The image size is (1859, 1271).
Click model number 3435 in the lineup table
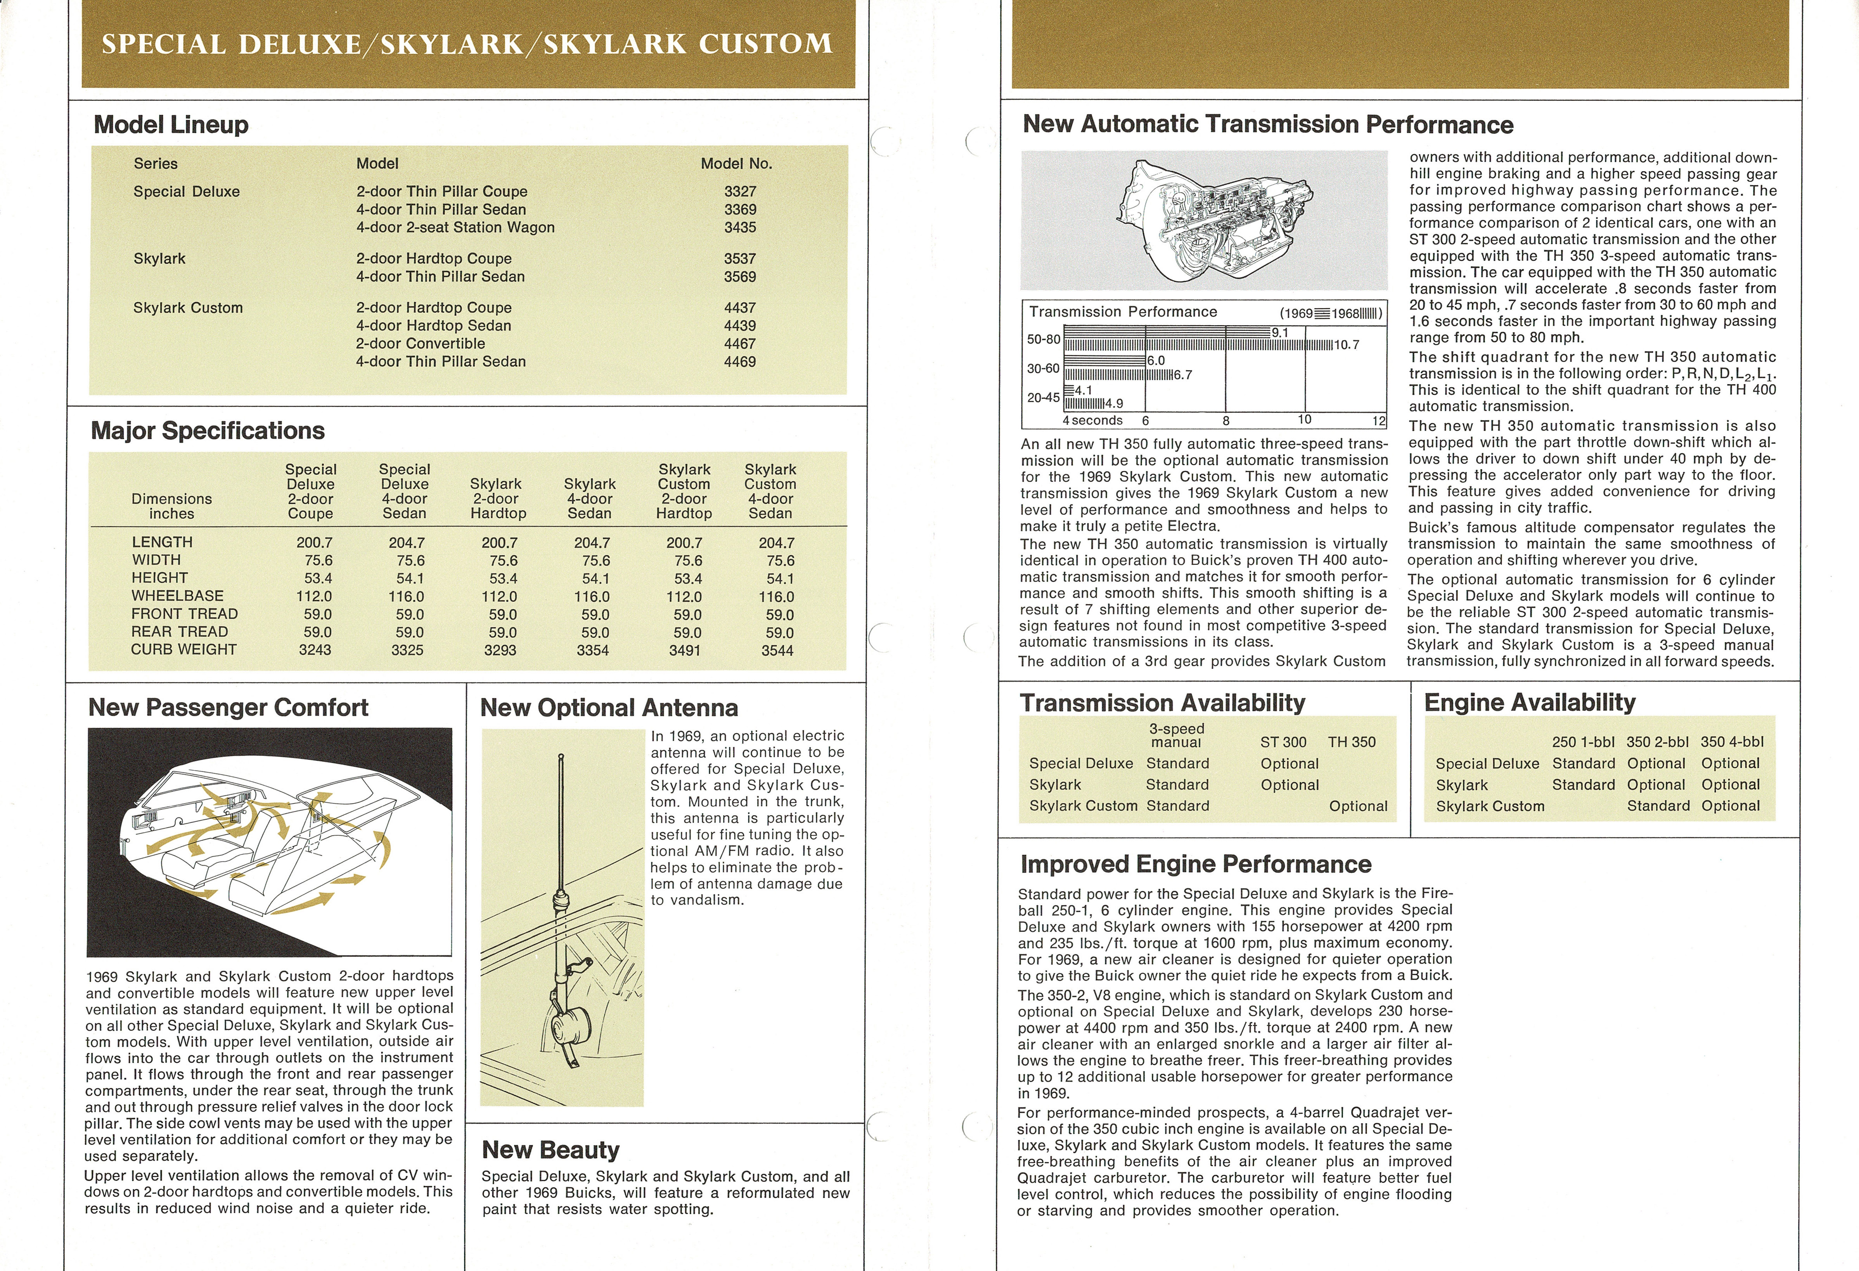tap(740, 227)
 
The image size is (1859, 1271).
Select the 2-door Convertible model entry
tap(421, 343)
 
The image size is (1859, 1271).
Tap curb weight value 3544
tap(777, 650)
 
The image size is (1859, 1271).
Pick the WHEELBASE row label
tap(178, 596)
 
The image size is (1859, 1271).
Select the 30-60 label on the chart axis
tap(1043, 369)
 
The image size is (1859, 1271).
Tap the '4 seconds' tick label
tap(1093, 421)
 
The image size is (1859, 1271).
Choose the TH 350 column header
tap(1352, 742)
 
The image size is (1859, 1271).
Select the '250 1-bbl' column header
tap(1583, 742)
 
